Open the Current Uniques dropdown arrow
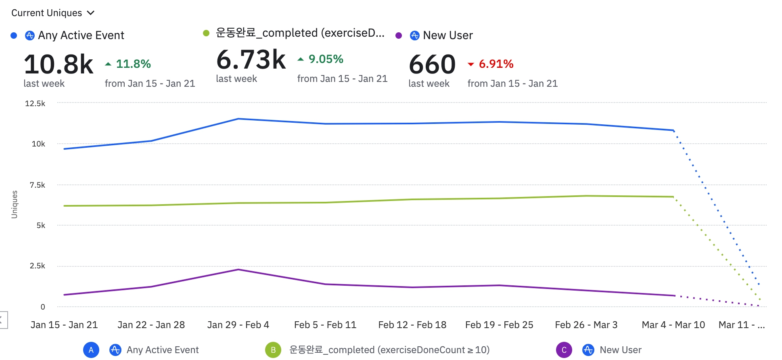[91, 13]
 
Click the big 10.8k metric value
[59, 64]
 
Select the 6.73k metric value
[251, 59]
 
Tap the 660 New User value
[432, 64]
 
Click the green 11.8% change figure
[133, 64]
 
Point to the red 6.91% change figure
[496, 64]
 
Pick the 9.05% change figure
[326, 59]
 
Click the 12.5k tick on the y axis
[35, 103]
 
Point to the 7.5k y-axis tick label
[37, 185]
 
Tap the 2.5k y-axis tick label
[37, 266]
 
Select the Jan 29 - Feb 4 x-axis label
[238, 325]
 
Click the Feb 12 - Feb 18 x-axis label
[412, 325]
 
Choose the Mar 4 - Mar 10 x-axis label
[673, 325]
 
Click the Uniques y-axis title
[15, 204]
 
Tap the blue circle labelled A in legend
[91, 350]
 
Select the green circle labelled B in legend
[273, 350]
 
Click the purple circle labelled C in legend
[564, 350]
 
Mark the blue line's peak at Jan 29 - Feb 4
[238, 119]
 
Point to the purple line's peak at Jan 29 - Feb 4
[238, 270]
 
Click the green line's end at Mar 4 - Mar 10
[673, 197]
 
